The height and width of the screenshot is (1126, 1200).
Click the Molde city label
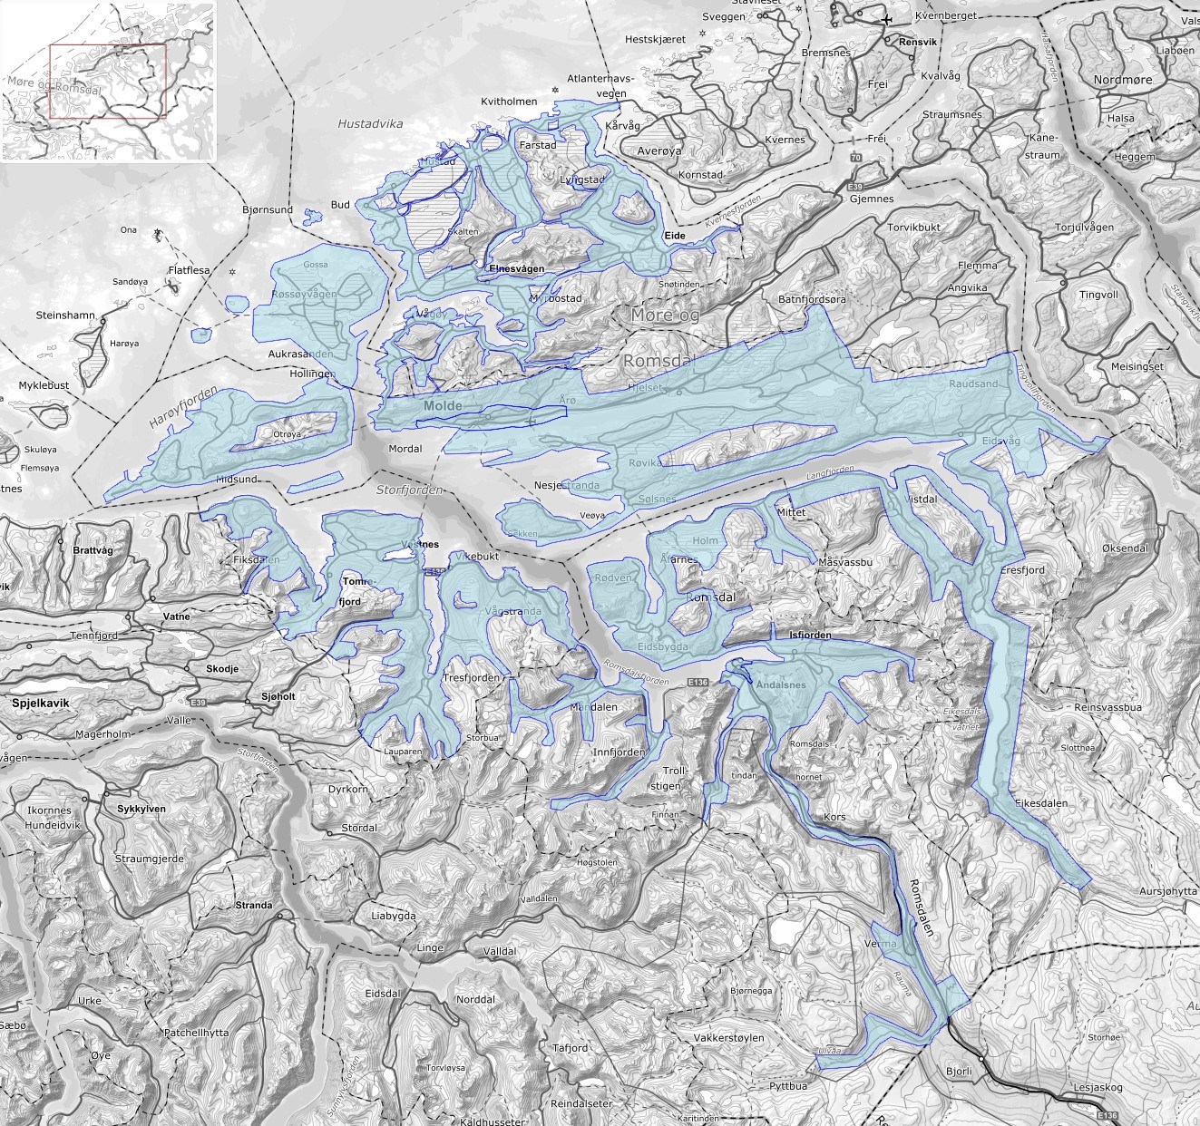443,406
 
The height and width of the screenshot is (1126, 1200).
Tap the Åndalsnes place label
780,684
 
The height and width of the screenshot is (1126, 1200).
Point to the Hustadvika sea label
370,124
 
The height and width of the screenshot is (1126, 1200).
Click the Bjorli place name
959,1071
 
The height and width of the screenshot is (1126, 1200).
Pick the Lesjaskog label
1098,1087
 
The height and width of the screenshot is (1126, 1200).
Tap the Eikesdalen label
1041,803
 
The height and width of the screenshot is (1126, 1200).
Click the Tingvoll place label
1098,295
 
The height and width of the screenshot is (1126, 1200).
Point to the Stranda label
253,905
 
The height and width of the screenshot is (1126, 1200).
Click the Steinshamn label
65,315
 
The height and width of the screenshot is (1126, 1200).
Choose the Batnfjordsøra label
812,299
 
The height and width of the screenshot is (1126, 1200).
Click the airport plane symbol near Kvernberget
886,19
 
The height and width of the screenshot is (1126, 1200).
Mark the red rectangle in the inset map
108,82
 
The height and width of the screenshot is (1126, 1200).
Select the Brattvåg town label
93,550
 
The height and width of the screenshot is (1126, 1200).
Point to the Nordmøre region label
1123,80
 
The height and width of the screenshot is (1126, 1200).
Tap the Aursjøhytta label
1168,891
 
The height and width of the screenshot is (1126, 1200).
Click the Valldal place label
500,951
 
